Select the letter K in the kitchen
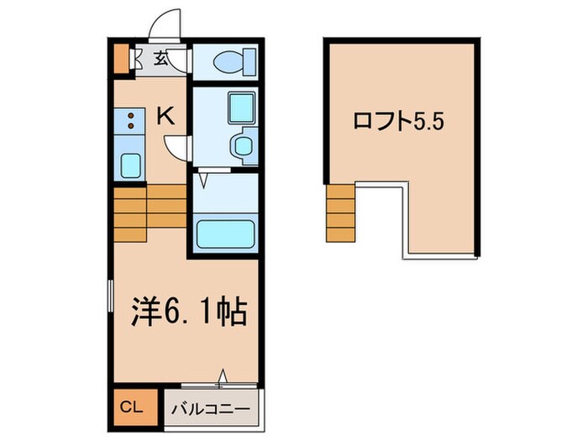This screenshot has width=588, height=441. [166, 116]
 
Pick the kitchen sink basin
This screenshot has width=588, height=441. [130, 165]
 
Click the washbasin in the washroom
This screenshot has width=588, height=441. [243, 147]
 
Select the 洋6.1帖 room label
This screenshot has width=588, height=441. [187, 312]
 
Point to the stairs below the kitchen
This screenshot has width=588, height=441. [149, 212]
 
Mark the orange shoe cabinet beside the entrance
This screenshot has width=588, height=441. [120, 58]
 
